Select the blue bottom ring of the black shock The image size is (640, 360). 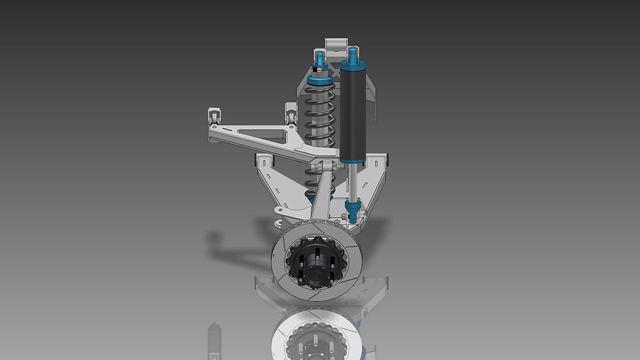pyautogui.click(x=353, y=160)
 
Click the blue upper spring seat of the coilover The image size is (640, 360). pyautogui.click(x=320, y=81)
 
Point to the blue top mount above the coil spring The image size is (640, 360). pyautogui.click(x=320, y=63)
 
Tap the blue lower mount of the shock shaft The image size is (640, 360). pyautogui.click(x=353, y=212)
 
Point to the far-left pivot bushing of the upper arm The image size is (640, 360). pyautogui.click(x=213, y=118)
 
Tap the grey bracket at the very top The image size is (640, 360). pyautogui.click(x=336, y=46)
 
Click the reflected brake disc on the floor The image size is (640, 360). pyautogui.click(x=313, y=333)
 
